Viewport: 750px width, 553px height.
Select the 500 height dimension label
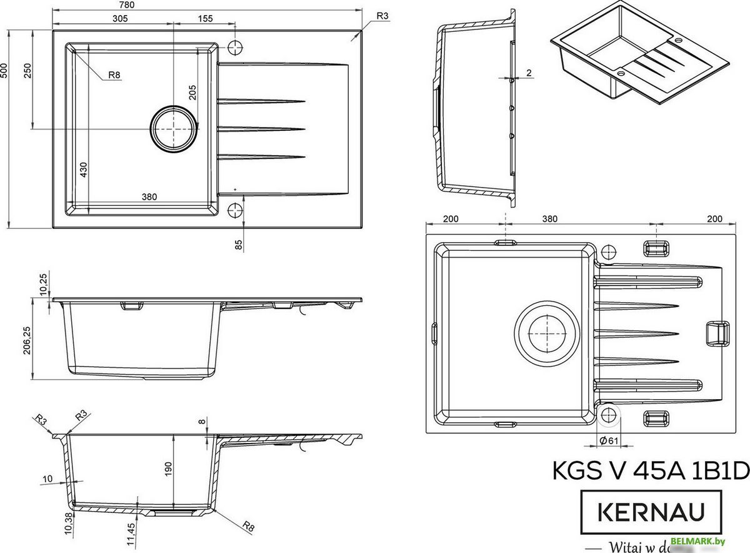point(4,69)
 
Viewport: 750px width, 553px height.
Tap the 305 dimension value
point(120,18)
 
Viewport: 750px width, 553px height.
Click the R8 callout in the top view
point(114,76)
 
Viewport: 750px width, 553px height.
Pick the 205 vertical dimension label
point(192,92)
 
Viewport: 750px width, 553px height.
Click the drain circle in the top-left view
point(174,128)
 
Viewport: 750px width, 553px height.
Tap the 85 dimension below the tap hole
point(238,244)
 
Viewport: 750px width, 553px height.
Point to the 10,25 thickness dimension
point(42,285)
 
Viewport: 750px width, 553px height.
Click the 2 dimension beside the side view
point(529,73)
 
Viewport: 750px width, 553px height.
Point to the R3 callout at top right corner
point(383,16)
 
